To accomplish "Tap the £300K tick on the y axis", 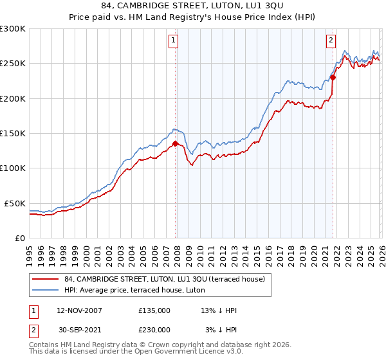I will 13,29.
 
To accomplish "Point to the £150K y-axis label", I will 13,134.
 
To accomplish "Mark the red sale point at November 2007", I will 176,144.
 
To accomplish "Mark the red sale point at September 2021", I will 333,78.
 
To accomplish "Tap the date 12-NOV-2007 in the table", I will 80,310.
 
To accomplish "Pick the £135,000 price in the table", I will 154,310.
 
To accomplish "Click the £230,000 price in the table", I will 154,330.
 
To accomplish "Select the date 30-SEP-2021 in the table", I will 80,330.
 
